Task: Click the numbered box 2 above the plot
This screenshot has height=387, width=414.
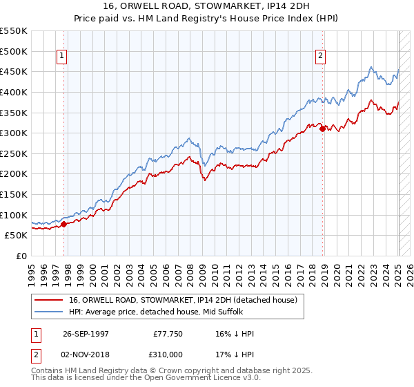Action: tap(322, 57)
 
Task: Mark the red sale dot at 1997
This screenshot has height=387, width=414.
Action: tap(63, 224)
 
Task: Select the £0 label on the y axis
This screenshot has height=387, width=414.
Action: tap(22, 256)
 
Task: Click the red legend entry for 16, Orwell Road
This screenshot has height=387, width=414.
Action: tap(183, 300)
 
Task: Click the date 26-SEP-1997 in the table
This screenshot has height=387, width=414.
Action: tap(86, 334)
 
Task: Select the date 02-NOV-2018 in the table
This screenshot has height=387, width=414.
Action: tap(86, 355)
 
